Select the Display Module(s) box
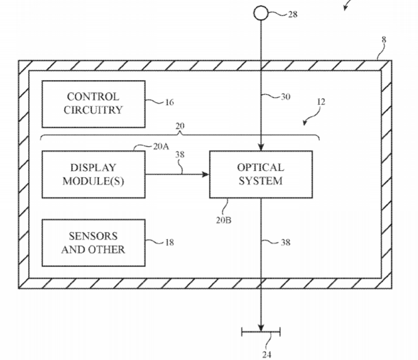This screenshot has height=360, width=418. click(x=93, y=174)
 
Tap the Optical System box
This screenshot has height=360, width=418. click(x=260, y=174)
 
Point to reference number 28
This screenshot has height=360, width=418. click(x=292, y=14)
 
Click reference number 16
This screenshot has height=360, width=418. click(x=169, y=103)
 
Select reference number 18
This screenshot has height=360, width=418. click(x=169, y=242)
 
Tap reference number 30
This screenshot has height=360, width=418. click(x=285, y=97)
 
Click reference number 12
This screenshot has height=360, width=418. click(x=321, y=102)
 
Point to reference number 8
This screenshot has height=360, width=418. click(x=384, y=40)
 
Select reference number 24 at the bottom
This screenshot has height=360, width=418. click(x=266, y=353)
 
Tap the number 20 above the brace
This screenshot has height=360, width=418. click(x=180, y=126)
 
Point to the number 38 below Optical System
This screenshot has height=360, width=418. click(x=285, y=242)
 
